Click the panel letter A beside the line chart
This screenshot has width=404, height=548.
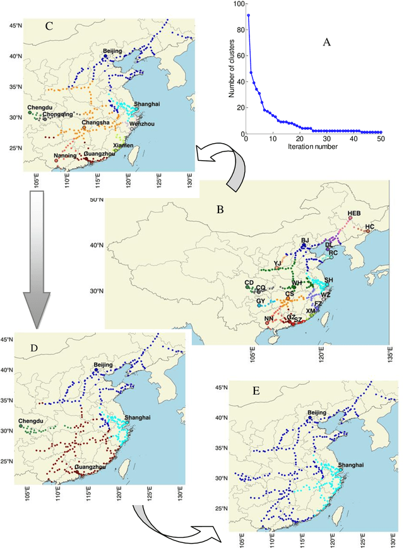click(x=327, y=42)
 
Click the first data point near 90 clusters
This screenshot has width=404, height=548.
click(x=248, y=15)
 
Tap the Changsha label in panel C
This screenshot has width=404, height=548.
click(x=94, y=122)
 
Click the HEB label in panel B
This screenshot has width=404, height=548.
click(x=353, y=213)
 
